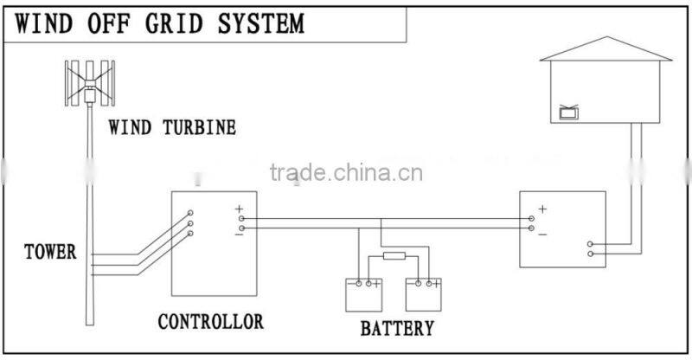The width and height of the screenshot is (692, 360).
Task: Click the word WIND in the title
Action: click(x=45, y=22)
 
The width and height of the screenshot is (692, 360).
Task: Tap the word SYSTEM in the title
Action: click(x=266, y=22)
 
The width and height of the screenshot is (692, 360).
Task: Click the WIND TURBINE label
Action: click(x=172, y=128)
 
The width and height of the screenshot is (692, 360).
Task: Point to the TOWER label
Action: click(x=50, y=253)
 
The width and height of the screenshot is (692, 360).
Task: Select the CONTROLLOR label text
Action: click(x=210, y=322)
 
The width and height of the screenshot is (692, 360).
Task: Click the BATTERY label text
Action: click(x=397, y=328)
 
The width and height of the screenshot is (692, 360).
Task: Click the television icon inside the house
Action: click(x=569, y=112)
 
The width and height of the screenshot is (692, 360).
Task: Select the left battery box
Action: click(x=364, y=293)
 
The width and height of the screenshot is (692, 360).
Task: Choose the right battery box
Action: click(x=424, y=293)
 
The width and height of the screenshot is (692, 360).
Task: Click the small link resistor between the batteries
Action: click(x=394, y=255)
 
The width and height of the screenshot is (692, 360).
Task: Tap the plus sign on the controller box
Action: click(x=239, y=209)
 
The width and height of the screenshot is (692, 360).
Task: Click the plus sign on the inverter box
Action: click(x=542, y=209)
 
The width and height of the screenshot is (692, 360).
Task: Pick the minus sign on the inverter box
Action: click(x=542, y=234)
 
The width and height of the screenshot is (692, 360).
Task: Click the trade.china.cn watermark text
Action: click(x=346, y=172)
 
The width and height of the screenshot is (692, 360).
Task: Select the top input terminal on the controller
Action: click(x=190, y=213)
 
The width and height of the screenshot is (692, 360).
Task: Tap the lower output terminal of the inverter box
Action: click(x=590, y=254)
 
